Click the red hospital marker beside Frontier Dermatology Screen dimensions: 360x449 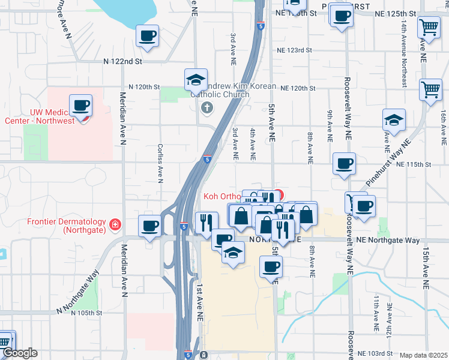[114, 226]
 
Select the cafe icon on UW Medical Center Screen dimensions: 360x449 [80, 106]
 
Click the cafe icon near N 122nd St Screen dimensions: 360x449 [147, 36]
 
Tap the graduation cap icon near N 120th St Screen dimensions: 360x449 [196, 79]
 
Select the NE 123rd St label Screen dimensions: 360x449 [295, 51]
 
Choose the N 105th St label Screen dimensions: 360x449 [86, 313]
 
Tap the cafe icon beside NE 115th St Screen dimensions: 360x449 [344, 163]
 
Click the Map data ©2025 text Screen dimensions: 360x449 [424, 355]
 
